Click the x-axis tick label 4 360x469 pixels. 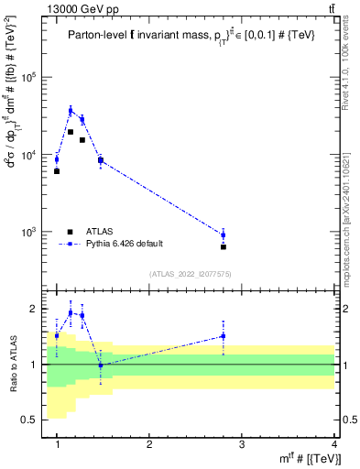coord(334,444)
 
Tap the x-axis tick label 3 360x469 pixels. coord(242,444)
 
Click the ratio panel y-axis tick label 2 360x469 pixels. coord(32,309)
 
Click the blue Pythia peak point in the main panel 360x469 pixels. coord(71,111)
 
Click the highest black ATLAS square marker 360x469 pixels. coord(71,132)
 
